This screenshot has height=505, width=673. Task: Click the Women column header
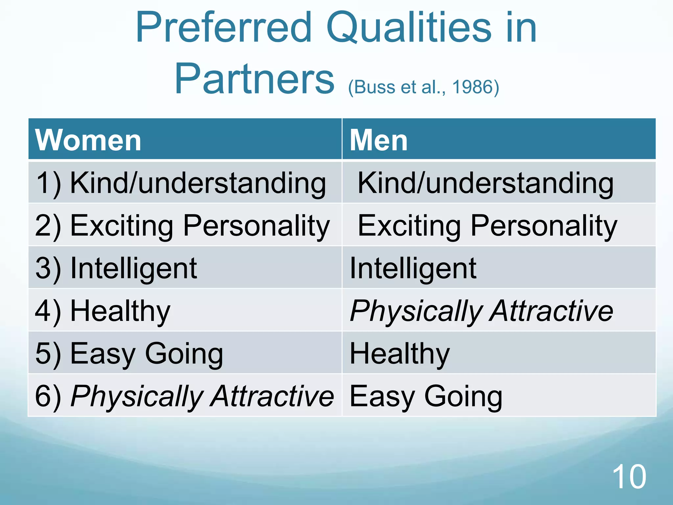pos(88,140)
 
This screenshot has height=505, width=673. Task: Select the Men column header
pos(378,140)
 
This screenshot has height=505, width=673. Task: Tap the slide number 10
pos(629,477)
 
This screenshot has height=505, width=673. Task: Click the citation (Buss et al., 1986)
pos(423,87)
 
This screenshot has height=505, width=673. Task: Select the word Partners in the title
pos(254,79)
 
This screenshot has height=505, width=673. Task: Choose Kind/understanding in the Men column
pos(485,183)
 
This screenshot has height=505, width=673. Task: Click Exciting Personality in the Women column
pos(200,226)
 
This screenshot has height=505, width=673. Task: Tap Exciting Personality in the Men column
pos(487,226)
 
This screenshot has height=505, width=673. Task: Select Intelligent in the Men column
pos(413,268)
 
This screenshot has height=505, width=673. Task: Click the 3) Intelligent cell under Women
pos(116,268)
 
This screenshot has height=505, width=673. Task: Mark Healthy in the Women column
pos(120,311)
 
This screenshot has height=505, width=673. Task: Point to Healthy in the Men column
pos(400,353)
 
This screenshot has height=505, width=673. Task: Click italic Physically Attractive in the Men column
pos(481,311)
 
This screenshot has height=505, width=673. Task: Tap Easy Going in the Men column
pos(426,396)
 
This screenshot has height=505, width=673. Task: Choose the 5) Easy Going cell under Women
pos(129,353)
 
